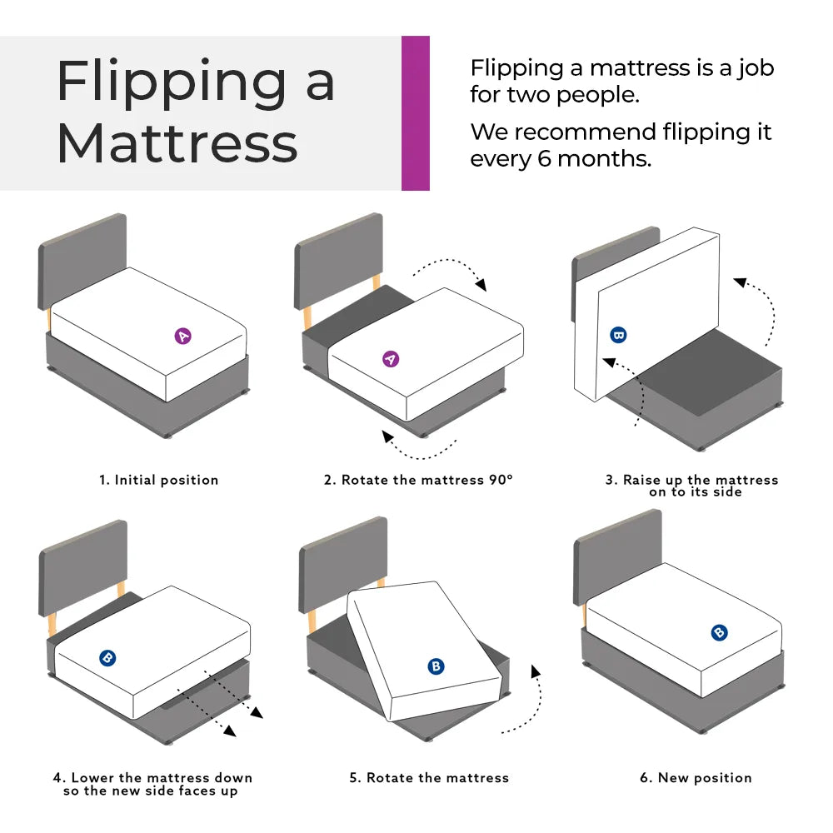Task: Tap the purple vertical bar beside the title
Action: point(416,113)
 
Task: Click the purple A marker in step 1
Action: point(183,336)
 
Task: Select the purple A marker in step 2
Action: point(390,359)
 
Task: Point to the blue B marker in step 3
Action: point(618,336)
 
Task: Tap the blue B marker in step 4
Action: point(107,658)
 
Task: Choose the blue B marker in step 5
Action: point(436,666)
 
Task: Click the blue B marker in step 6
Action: point(720,632)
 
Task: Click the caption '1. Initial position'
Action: point(158,480)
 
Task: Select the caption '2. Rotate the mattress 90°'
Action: point(418,480)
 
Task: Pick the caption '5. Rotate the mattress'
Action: point(428,778)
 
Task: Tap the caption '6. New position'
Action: point(696,778)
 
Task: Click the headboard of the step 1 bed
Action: point(82,258)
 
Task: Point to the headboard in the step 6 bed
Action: point(618,554)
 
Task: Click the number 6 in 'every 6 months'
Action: point(544,158)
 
